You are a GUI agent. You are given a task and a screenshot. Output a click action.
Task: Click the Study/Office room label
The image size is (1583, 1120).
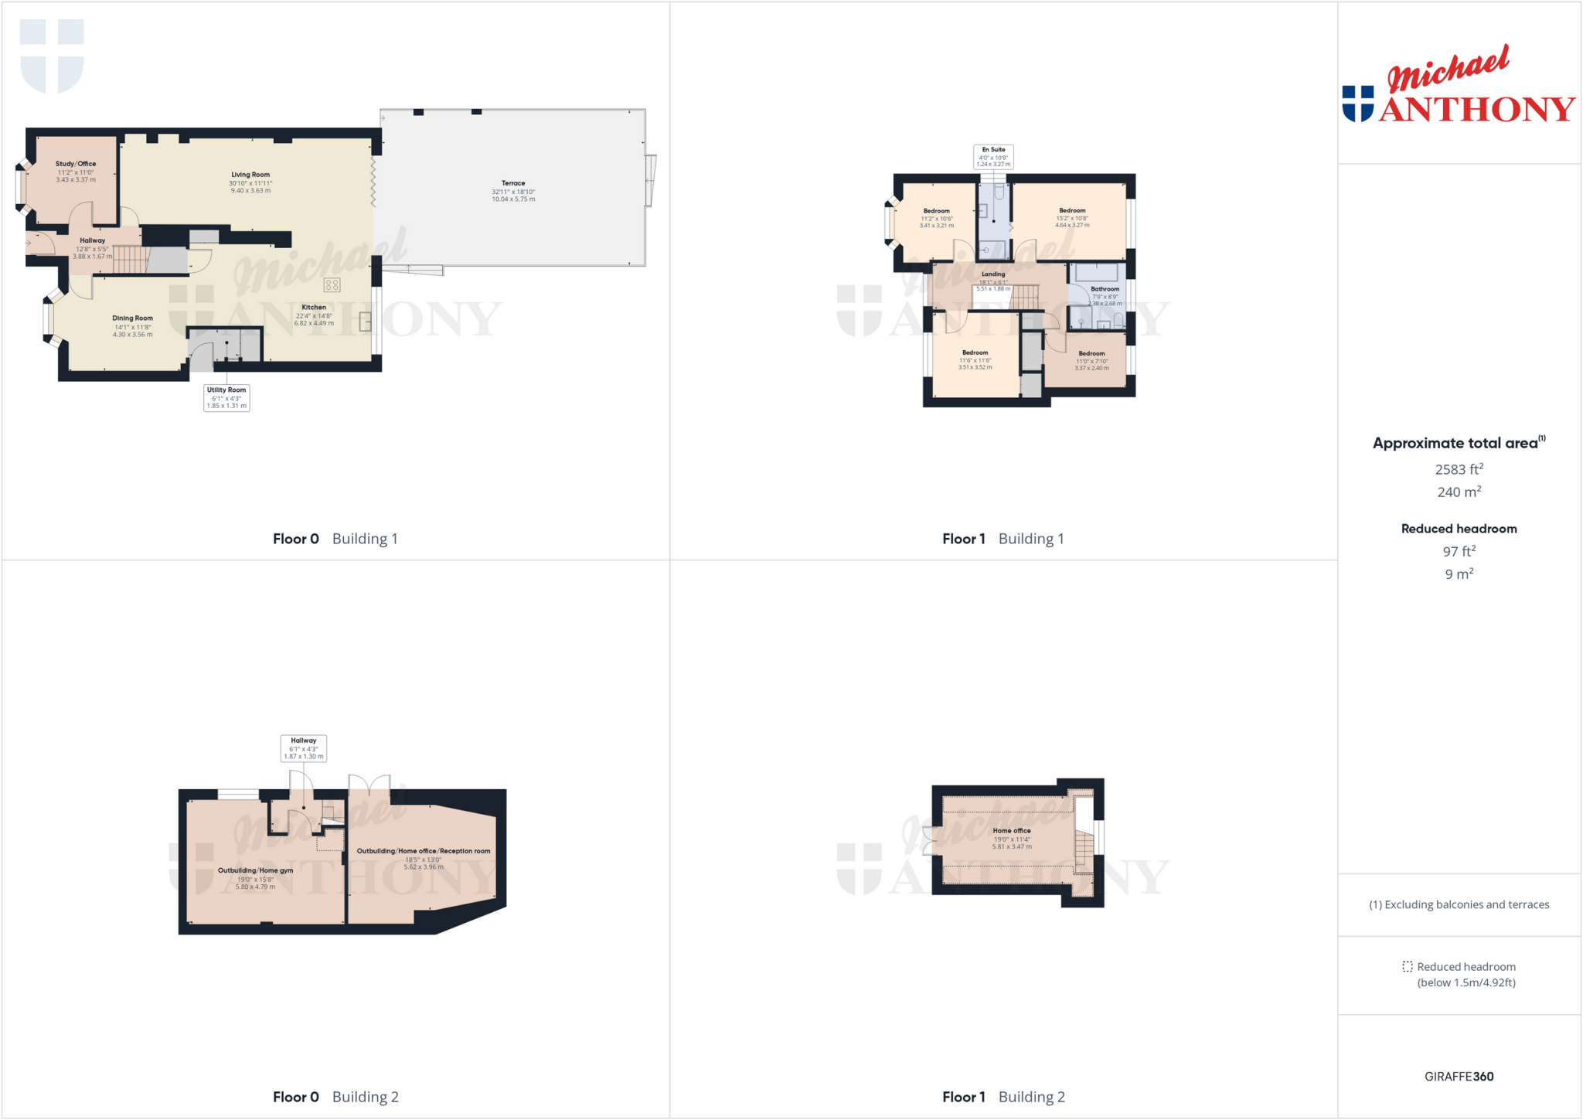pyautogui.click(x=76, y=164)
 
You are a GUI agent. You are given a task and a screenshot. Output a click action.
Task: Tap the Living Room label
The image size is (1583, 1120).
pyautogui.click(x=250, y=175)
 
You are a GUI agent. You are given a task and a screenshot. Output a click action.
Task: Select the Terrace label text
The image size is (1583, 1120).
pyautogui.click(x=513, y=183)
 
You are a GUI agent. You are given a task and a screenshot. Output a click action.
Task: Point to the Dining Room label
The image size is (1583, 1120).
pyautogui.click(x=132, y=318)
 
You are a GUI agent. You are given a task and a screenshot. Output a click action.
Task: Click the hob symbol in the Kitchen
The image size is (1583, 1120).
pyautogui.click(x=332, y=285)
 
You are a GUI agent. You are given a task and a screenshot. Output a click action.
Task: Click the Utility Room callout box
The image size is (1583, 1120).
pyautogui.click(x=226, y=397)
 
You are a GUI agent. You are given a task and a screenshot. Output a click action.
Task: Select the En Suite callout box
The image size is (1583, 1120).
pyautogui.click(x=993, y=156)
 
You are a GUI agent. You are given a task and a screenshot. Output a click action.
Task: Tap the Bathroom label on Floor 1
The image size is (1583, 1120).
pyautogui.click(x=1105, y=289)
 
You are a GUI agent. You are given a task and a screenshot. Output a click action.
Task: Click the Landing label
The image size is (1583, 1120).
pyautogui.click(x=993, y=274)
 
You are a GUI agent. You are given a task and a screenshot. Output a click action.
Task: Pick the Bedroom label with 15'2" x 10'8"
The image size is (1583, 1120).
pyautogui.click(x=1072, y=210)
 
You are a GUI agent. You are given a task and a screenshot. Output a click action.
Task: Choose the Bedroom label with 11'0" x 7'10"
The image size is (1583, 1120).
pyautogui.click(x=1091, y=353)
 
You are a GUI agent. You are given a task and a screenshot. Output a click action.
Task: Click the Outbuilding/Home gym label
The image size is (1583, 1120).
pyautogui.click(x=255, y=870)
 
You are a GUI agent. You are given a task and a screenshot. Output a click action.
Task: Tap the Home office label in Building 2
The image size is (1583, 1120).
pyautogui.click(x=1012, y=830)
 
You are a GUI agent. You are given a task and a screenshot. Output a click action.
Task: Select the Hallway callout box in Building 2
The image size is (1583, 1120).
pyautogui.click(x=303, y=747)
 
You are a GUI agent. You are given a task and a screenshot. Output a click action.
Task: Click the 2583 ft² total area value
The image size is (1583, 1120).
pyautogui.click(x=1459, y=469)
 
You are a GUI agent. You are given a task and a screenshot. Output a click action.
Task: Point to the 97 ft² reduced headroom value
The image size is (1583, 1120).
pyautogui.click(x=1459, y=551)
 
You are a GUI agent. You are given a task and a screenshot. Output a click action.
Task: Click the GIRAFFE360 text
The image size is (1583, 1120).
pyautogui.click(x=1459, y=1076)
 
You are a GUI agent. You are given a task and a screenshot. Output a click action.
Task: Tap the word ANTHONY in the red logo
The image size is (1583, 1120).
pyautogui.click(x=1476, y=109)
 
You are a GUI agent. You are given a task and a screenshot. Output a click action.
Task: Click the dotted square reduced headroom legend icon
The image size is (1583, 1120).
pyautogui.click(x=1408, y=966)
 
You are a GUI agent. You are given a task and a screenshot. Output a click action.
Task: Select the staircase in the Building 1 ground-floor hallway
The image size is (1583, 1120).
pyautogui.click(x=130, y=259)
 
